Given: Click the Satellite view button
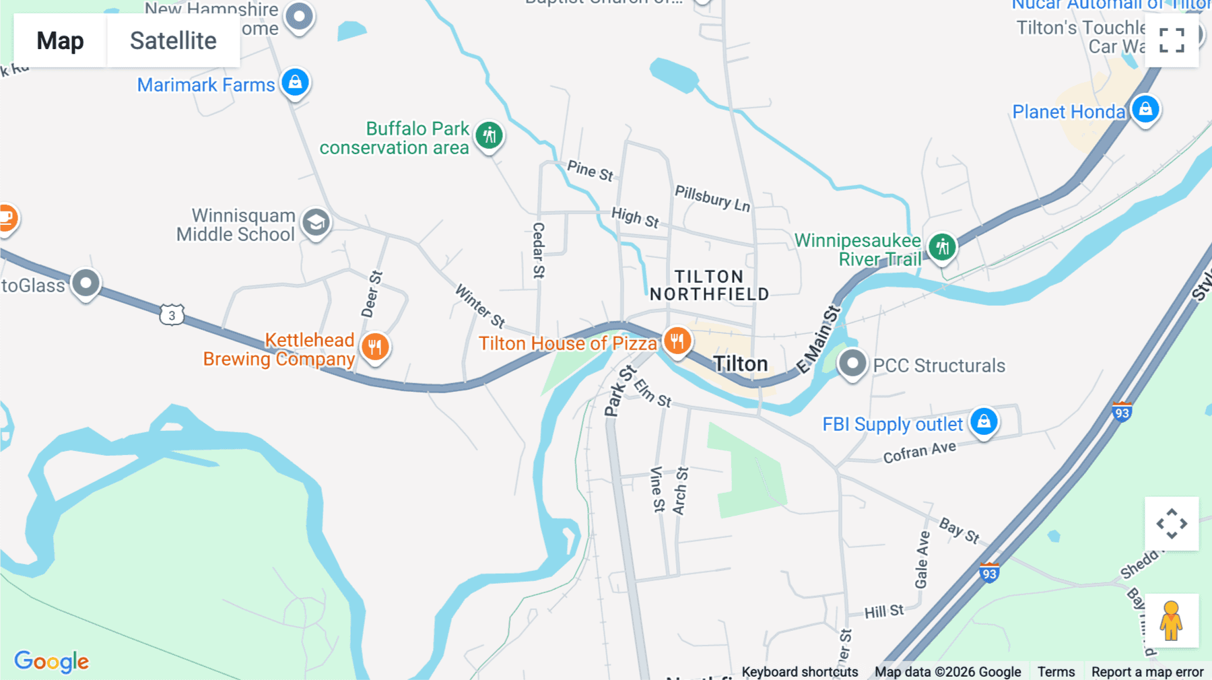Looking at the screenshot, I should [173, 40].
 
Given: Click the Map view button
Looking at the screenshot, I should [60, 40].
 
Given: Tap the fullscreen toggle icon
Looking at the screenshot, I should [1172, 40].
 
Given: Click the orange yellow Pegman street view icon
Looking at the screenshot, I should [1171, 621].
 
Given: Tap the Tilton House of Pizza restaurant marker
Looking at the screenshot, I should [677, 341].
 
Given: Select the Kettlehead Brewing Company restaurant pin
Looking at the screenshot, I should [375, 347].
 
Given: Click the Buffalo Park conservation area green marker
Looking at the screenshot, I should [490, 135].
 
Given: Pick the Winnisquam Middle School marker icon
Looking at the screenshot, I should [316, 222].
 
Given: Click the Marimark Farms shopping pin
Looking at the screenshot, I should [295, 82].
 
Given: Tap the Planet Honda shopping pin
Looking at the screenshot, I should [1145, 109].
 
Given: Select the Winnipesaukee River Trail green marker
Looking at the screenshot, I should [942, 247].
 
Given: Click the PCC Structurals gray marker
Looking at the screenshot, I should [852, 364].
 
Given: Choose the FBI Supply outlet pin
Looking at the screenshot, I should [984, 421].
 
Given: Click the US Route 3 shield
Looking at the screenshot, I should [172, 314].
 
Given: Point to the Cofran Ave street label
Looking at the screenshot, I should [919, 452].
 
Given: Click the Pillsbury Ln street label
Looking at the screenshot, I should [712, 198].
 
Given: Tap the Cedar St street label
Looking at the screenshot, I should [538, 250].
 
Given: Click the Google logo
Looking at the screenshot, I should [52, 661].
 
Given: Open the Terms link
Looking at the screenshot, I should [1056, 671].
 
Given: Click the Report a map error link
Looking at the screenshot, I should [1147, 671].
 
